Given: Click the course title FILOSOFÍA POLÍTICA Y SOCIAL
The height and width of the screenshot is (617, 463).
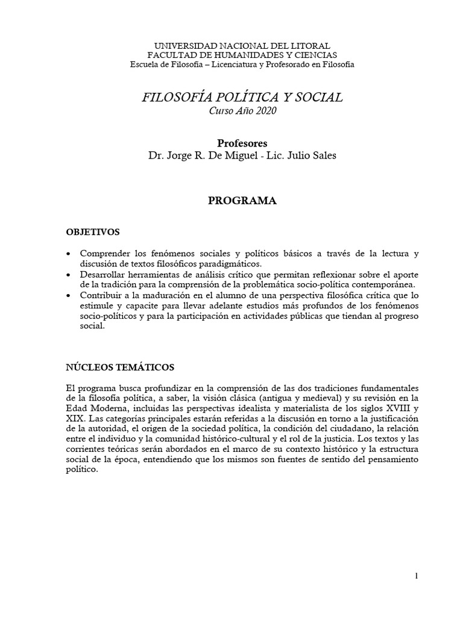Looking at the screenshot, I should click(242, 97).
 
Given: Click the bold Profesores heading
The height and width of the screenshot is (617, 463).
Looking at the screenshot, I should click(242, 143).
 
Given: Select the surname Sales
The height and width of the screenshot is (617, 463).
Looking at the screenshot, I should click(322, 156).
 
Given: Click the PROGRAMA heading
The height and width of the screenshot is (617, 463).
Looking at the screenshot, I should click(242, 202).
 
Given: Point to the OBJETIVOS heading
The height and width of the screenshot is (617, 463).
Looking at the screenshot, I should click(93, 231).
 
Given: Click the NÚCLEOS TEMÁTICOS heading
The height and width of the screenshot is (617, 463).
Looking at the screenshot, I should click(121, 366).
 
